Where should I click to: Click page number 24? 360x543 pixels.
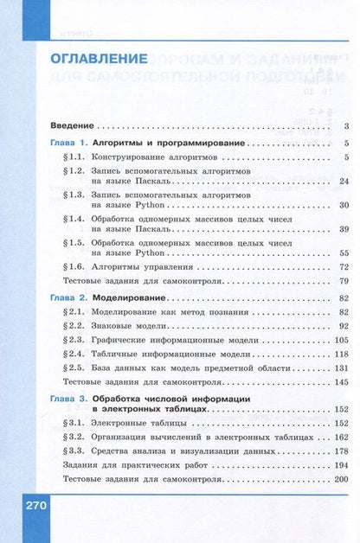[343, 181]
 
